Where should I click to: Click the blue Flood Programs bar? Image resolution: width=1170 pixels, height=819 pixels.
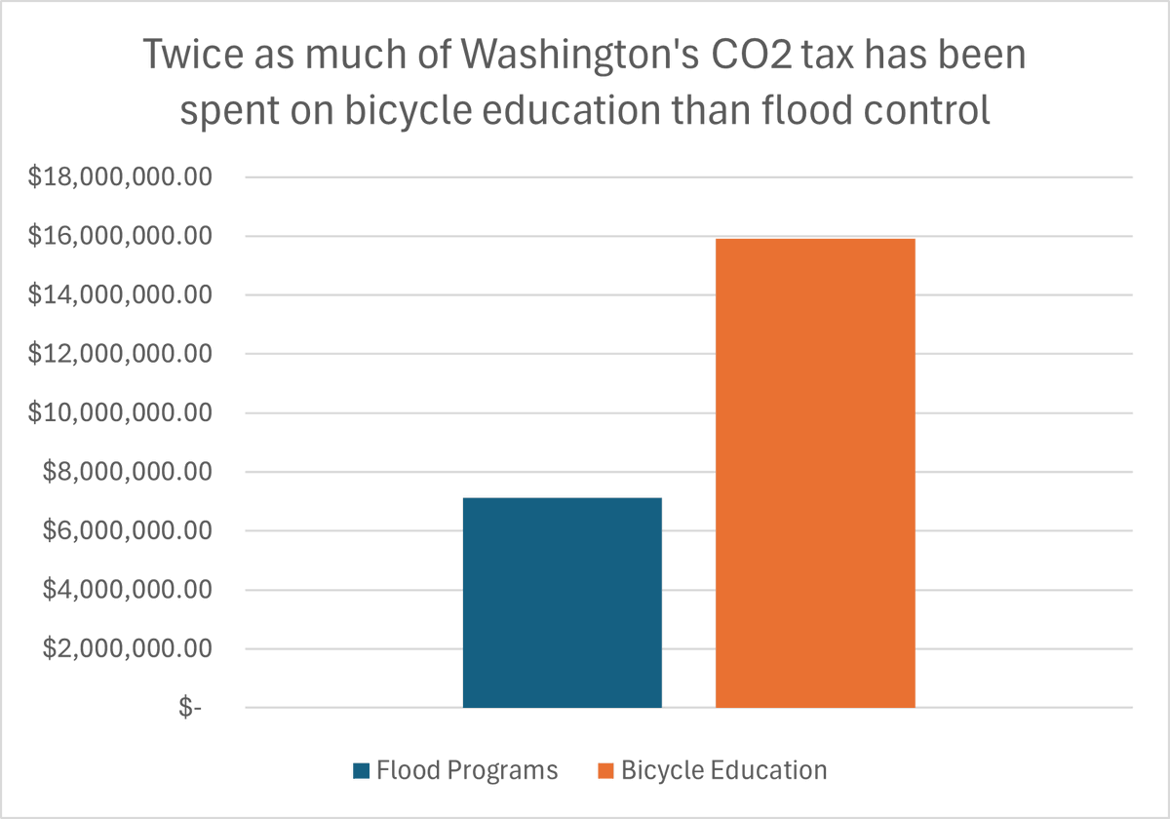[562, 603]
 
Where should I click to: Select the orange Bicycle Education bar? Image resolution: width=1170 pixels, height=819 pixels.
[815, 473]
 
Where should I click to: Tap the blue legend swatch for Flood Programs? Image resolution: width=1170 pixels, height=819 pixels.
[361, 771]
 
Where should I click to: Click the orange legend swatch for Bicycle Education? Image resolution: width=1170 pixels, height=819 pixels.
[604, 771]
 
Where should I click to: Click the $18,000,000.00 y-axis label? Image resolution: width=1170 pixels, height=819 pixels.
[120, 177]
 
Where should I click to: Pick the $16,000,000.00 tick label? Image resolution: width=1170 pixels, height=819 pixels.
[120, 237]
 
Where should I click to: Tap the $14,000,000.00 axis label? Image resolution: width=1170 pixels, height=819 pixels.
[120, 295]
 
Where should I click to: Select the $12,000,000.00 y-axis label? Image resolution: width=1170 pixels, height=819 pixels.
[120, 355]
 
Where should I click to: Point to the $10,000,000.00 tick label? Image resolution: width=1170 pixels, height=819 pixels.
[120, 413]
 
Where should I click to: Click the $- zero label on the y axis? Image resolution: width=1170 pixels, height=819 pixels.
[190, 709]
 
